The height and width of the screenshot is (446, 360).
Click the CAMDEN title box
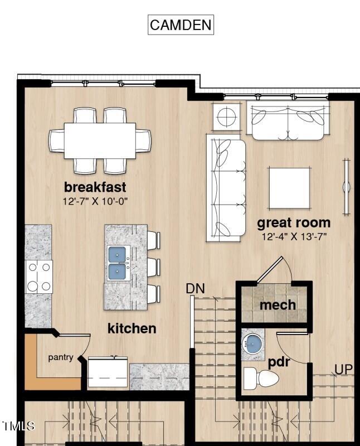tap(181, 25)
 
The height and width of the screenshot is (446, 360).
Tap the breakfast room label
tap(95, 187)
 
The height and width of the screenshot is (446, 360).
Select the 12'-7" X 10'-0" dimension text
tap(95, 201)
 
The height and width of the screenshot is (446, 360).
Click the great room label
tap(293, 222)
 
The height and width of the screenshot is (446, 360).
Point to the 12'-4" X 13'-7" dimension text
tap(294, 236)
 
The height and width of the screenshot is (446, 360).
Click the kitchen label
tap(132, 328)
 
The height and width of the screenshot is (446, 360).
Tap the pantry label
tap(60, 357)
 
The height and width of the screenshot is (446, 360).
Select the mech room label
tap(278, 305)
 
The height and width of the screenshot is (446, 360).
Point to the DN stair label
tap(195, 288)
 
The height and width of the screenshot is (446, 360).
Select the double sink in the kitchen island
tap(119, 264)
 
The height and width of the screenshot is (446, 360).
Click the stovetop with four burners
tap(38, 277)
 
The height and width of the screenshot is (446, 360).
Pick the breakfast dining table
tap(100, 140)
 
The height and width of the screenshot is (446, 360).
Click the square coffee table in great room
tap(289, 187)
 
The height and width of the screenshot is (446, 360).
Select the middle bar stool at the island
tap(153, 266)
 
